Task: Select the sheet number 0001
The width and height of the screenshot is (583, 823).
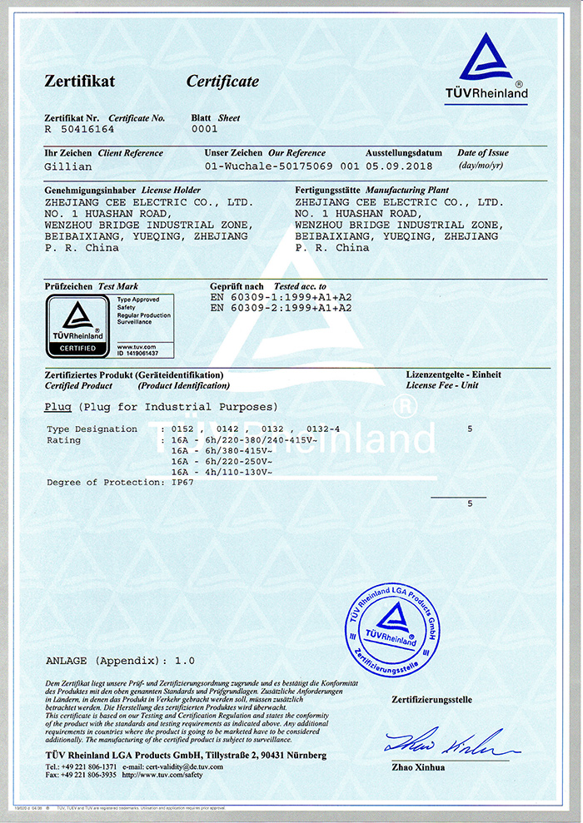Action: (x=204, y=130)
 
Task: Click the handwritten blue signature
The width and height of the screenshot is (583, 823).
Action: (x=441, y=741)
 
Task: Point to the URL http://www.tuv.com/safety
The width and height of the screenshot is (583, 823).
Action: (x=162, y=775)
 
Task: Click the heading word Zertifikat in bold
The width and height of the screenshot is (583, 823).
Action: (x=79, y=82)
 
